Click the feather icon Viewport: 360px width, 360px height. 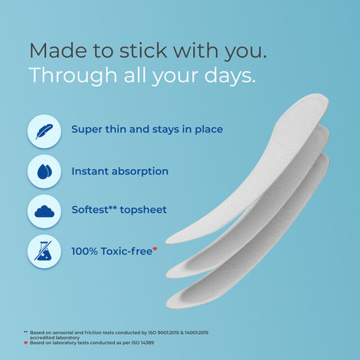tap(44, 129)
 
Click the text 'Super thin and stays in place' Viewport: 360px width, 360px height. tap(147, 129)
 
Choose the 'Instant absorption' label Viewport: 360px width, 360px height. tap(119, 172)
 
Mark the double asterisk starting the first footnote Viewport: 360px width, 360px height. tap(25, 332)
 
